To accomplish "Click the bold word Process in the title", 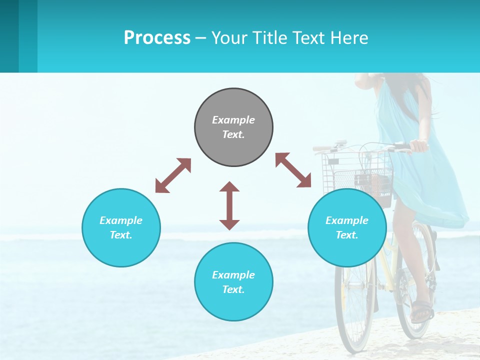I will (x=157, y=38).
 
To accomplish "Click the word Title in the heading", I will (x=269, y=38).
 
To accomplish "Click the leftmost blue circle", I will (x=121, y=227).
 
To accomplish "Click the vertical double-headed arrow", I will (x=229, y=205).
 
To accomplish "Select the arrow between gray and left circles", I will (x=173, y=175).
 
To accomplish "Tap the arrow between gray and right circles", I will (x=293, y=170).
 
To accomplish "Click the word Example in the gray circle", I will (x=233, y=120).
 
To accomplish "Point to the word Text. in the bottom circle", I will (x=233, y=289).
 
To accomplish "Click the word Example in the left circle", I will (x=121, y=220).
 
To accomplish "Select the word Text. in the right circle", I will (x=347, y=235).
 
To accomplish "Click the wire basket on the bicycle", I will (x=356, y=172).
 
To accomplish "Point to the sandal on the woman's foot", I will (x=421, y=311).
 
